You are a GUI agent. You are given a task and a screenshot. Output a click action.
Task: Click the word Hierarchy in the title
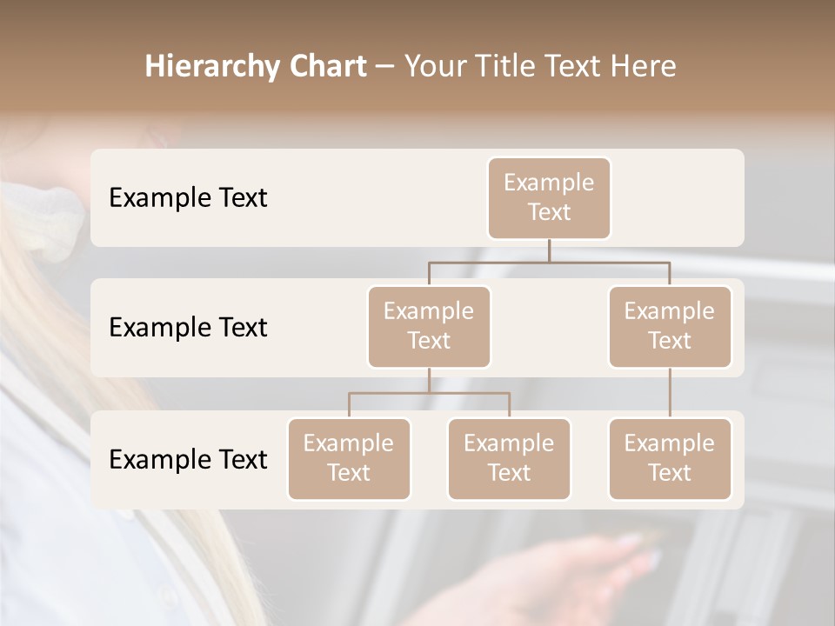click(x=209, y=67)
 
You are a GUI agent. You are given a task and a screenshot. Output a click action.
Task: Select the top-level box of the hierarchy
click(x=549, y=198)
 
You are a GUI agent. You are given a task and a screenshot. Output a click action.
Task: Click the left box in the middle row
click(x=429, y=327)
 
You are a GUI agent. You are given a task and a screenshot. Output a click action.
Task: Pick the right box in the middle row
click(x=670, y=327)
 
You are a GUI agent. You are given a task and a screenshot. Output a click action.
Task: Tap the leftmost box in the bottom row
click(x=349, y=459)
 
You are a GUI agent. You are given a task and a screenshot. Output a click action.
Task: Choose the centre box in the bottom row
click(x=509, y=459)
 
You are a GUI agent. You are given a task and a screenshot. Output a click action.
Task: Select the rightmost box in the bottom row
click(x=670, y=459)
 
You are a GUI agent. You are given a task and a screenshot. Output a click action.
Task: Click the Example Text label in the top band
click(x=188, y=198)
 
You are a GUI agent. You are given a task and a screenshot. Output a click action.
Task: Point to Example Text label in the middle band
click(x=188, y=328)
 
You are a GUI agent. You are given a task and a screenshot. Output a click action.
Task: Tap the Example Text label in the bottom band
click(x=188, y=460)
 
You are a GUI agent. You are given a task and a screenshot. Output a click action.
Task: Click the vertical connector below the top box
click(x=549, y=250)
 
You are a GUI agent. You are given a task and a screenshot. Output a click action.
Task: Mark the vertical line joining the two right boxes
click(x=670, y=393)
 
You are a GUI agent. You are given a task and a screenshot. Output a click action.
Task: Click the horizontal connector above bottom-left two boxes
click(x=429, y=393)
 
